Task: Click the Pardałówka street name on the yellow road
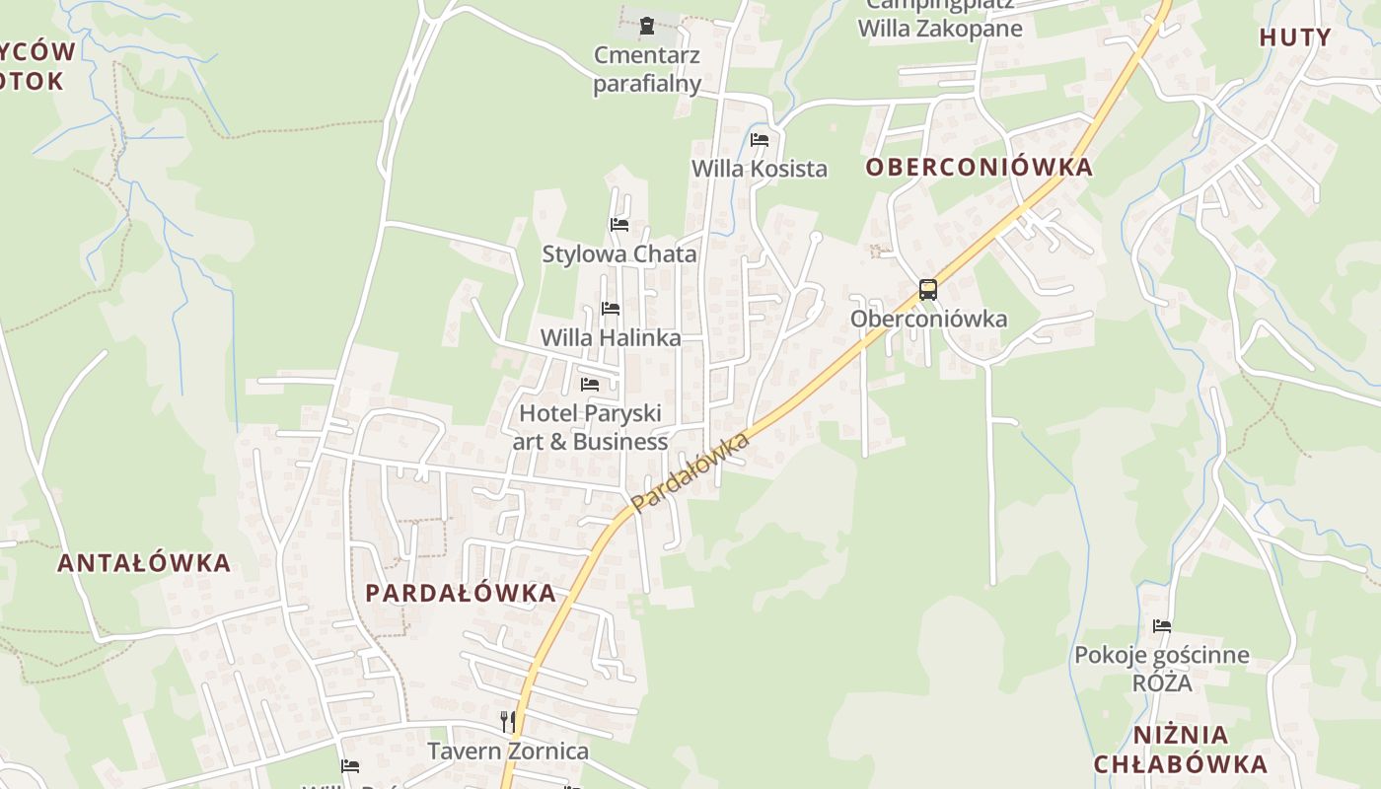point(690,472)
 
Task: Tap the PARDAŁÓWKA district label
point(461,593)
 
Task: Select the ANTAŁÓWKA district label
point(144,563)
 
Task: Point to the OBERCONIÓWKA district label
point(980,167)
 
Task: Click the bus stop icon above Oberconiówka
point(928,290)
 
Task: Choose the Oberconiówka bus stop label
point(928,319)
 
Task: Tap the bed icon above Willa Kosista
point(760,140)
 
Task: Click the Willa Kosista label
point(760,169)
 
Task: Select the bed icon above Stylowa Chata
point(619,225)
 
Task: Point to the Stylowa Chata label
point(619,253)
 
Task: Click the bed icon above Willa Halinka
point(611,309)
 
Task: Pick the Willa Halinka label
point(611,337)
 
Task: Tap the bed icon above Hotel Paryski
point(590,384)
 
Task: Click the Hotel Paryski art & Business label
point(590,427)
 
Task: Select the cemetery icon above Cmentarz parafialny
point(647,26)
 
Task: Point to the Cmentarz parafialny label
point(647,69)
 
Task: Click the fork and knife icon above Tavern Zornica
point(508,722)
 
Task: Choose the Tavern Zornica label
point(508,751)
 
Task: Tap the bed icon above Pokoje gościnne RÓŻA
point(1162,625)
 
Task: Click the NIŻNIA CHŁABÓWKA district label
point(1181,750)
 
